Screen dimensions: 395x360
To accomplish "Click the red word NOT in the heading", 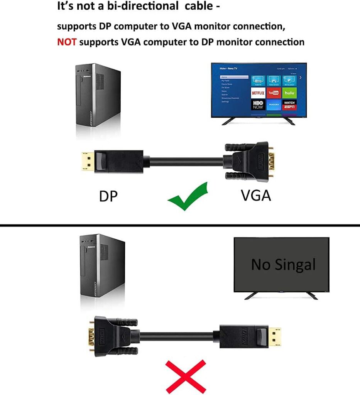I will (x=67, y=42).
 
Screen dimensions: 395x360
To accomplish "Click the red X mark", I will (x=186, y=376).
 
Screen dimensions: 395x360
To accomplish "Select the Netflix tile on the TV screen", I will (x=258, y=93).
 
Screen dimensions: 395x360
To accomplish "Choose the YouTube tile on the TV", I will (x=274, y=93).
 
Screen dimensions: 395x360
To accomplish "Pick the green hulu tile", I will (x=289, y=93).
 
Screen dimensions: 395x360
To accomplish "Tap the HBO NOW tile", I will (x=258, y=105).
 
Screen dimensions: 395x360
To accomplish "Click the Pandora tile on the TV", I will (x=274, y=105).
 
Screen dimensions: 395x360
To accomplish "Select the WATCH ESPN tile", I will (x=289, y=105).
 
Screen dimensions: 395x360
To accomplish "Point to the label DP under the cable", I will (x=108, y=196).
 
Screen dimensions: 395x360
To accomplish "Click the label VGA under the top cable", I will (x=256, y=196).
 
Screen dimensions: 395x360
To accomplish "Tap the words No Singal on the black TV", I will (x=283, y=265).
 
